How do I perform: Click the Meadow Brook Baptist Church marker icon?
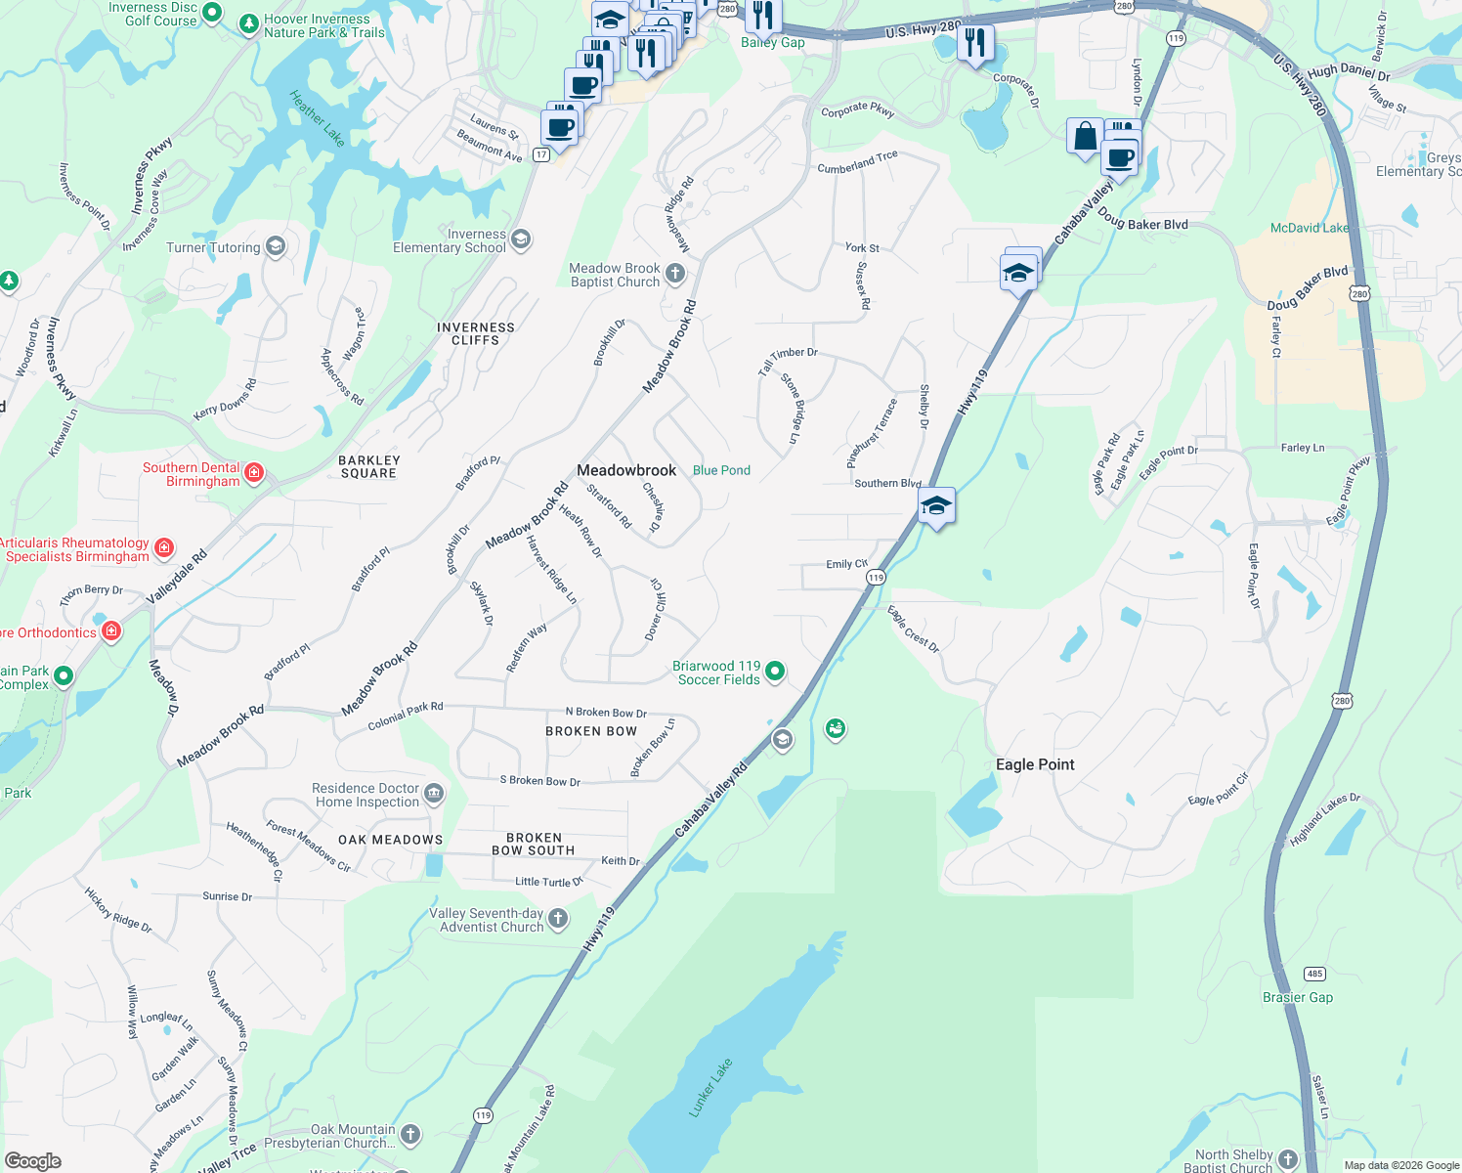[x=675, y=274]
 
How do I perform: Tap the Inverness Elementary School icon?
[x=521, y=239]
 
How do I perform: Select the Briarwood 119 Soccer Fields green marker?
[x=775, y=671]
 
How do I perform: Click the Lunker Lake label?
[x=710, y=1087]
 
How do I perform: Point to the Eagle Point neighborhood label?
[x=1035, y=764]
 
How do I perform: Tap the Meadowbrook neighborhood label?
[x=626, y=470]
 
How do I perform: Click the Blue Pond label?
[x=721, y=470]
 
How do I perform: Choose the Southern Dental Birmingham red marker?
[x=254, y=473]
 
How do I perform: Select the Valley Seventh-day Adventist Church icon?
[x=558, y=918]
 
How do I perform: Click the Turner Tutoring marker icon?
[x=276, y=246]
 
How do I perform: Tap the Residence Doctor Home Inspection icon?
[x=434, y=793]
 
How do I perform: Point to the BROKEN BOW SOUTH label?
[x=534, y=845]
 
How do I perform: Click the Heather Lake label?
[x=317, y=118]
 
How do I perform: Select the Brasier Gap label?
[x=1297, y=997]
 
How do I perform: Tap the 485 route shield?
[x=1314, y=974]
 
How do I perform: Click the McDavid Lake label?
[x=1309, y=228]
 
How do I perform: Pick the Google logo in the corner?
[x=33, y=1161]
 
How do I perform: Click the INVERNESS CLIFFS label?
[x=476, y=334]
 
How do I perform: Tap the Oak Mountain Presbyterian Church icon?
[x=410, y=1134]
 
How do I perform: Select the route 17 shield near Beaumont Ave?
[x=541, y=154]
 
